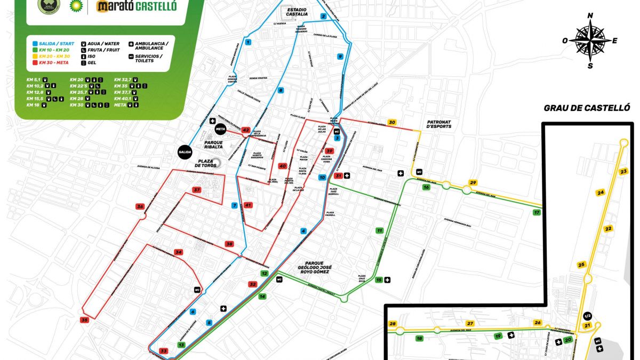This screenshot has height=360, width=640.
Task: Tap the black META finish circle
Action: pos(221,129)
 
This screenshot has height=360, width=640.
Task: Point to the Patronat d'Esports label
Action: pos(439,124)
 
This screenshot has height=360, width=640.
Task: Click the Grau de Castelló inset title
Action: pos(587,108)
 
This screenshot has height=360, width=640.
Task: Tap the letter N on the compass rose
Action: pos(590,16)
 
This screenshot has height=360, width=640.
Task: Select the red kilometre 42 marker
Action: pos(246,130)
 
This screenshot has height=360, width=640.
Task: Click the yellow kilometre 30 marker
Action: pos(393,122)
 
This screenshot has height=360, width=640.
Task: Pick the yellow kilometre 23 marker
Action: pos(624,171)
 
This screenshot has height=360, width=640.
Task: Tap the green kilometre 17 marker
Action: pos(537,213)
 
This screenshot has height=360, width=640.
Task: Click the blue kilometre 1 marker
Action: pos(247,41)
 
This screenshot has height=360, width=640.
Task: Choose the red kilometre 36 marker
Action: pos(140,206)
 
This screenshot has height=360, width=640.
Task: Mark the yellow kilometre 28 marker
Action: pos(393,324)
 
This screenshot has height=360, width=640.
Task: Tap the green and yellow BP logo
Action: pos(77,6)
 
